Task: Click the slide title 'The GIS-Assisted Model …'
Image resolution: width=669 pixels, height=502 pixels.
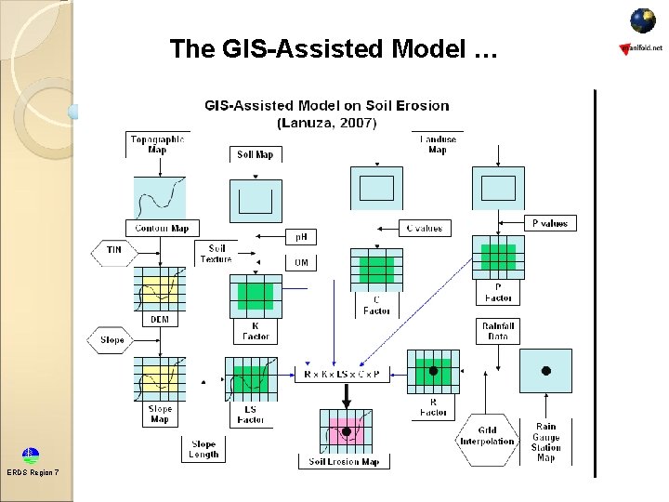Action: coord(334,49)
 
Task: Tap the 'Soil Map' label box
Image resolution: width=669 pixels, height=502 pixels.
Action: coord(256,154)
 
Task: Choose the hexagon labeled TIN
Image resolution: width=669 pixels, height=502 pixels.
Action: coord(112,250)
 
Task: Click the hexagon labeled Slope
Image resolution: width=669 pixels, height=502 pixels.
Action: coord(112,340)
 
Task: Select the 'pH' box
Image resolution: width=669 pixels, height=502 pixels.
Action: coord(301,237)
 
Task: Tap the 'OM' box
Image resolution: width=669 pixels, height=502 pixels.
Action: coord(301,263)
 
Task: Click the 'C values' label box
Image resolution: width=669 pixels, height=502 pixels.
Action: coord(424,228)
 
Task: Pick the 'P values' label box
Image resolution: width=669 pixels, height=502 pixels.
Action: coord(549,223)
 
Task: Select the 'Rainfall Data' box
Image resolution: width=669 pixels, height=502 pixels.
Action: coord(498,331)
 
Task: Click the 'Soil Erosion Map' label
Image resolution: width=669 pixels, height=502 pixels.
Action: coord(344,462)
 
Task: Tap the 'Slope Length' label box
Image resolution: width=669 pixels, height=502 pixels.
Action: coord(203,450)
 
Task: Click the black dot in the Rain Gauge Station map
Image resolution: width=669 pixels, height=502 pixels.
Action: coord(546,370)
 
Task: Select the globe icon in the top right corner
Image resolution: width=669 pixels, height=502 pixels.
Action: coord(642,20)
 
